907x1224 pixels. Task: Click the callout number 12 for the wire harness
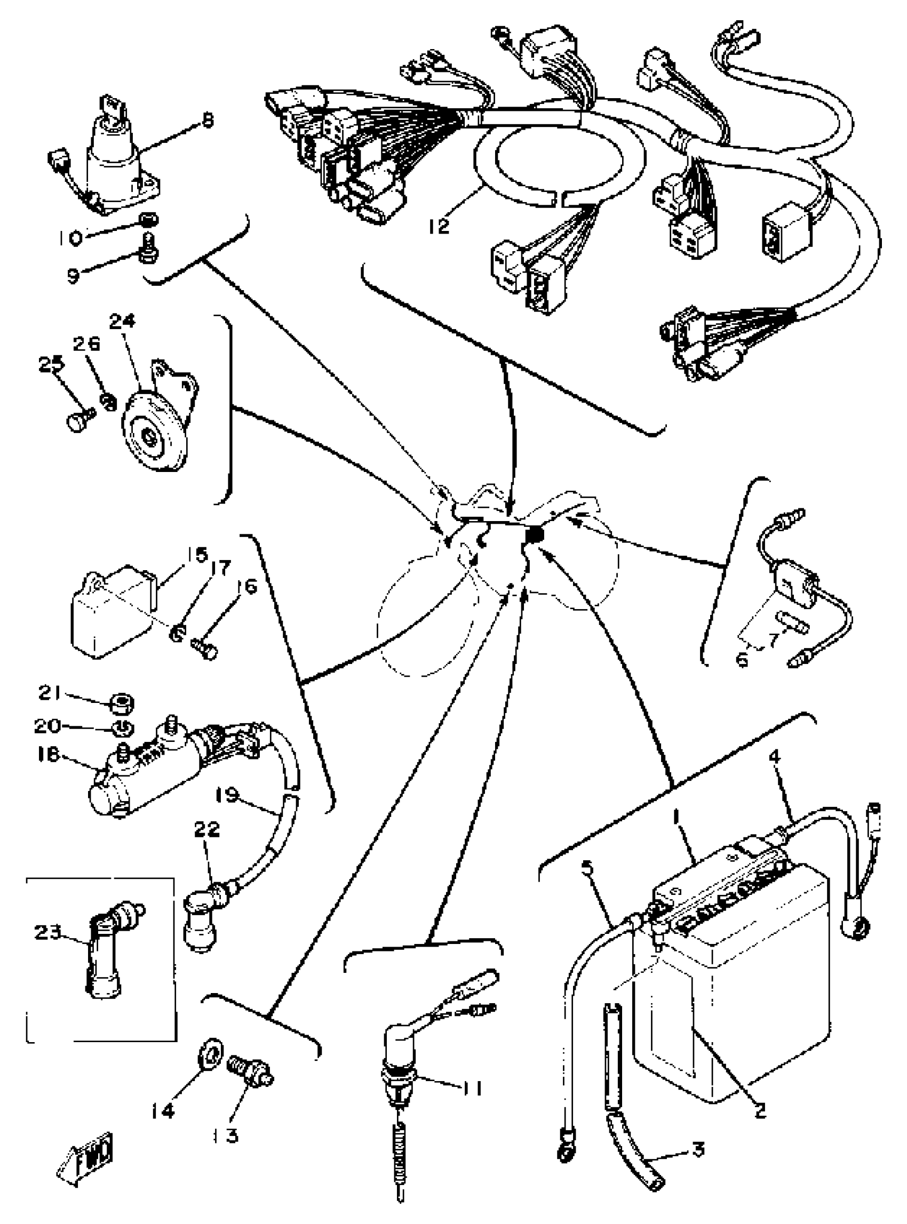[439, 225]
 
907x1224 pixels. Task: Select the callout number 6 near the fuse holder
[742, 660]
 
